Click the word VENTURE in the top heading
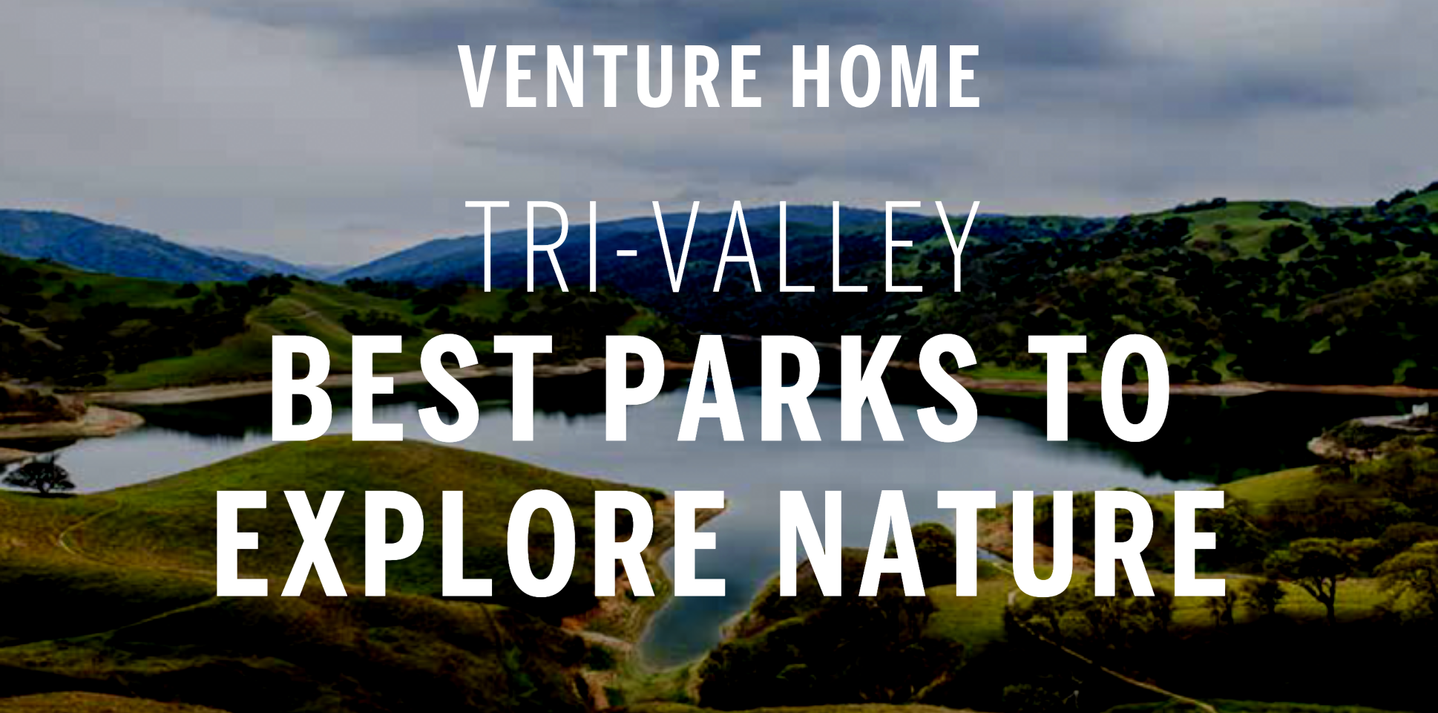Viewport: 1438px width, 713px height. pos(611,76)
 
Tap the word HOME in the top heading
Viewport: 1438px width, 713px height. pos(886,76)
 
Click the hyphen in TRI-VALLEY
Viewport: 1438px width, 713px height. pos(627,253)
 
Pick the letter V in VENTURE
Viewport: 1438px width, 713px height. pos(482,76)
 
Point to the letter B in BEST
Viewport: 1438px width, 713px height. pos(303,388)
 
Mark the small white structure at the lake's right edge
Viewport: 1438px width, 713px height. pos(1419,409)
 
